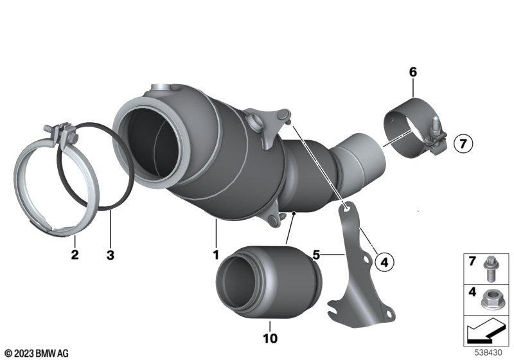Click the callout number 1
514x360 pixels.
[216, 255]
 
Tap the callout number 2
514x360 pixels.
[75, 255]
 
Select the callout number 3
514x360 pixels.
[111, 255]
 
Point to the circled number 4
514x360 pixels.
[384, 262]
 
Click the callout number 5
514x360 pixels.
[316, 255]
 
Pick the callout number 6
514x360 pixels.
[412, 72]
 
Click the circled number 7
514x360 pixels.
[463, 143]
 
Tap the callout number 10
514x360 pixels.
[270, 338]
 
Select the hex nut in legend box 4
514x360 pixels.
[490, 300]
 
